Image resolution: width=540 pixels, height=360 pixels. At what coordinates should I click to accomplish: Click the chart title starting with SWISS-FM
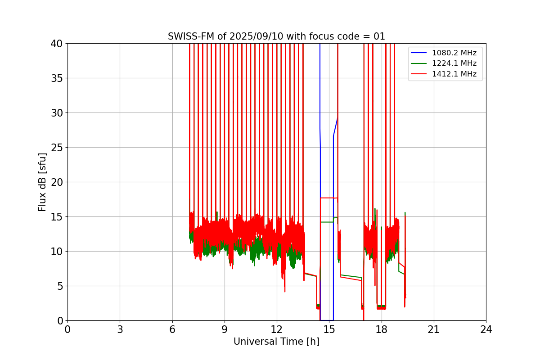[x=276, y=36]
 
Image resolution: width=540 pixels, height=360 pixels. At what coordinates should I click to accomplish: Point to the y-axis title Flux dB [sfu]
[x=42, y=182]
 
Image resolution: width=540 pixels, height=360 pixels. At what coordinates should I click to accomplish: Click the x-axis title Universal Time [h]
[x=276, y=342]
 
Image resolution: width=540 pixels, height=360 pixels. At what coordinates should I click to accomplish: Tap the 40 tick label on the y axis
[x=57, y=44]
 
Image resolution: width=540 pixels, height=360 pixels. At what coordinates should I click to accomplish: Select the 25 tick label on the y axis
[x=57, y=148]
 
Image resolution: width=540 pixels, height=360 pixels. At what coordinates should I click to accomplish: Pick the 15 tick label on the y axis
[x=57, y=217]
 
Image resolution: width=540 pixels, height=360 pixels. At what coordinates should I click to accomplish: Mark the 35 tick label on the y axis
[x=57, y=78]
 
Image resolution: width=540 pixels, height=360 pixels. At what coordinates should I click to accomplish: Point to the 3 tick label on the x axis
[x=120, y=329]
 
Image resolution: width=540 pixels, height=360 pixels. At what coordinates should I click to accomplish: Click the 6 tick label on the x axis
[x=172, y=329]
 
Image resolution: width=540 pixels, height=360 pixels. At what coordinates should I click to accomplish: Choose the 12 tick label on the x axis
[x=277, y=329]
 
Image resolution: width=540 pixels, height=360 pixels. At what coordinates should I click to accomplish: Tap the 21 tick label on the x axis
[x=434, y=329]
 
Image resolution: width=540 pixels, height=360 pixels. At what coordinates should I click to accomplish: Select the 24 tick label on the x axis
[x=486, y=329]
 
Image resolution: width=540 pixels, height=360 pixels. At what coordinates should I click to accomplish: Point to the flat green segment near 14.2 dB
[x=327, y=222]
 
